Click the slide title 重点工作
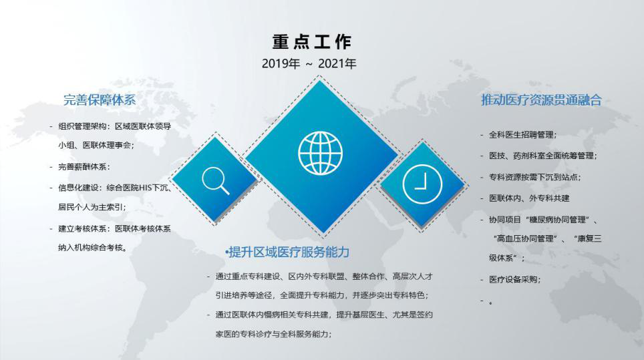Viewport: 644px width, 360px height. point(312,42)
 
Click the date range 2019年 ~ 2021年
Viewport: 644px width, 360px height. point(309,63)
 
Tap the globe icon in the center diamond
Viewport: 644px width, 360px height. point(321,153)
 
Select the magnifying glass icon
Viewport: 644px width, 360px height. point(215,180)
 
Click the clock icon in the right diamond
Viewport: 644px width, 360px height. point(422,184)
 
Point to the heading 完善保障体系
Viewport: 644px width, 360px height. point(100,100)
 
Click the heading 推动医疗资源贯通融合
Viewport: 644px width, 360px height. point(541,100)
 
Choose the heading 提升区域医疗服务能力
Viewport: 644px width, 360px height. point(287,252)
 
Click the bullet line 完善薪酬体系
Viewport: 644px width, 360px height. point(84,167)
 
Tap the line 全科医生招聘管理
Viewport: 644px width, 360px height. point(523,135)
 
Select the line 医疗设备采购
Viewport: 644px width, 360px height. point(514,280)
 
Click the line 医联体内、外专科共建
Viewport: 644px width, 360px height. point(529,198)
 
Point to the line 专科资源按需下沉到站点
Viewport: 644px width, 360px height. point(534,178)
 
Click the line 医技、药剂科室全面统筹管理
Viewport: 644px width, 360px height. point(543,156)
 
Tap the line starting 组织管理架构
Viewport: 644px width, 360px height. point(115,126)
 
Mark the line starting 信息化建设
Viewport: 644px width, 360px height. point(115,188)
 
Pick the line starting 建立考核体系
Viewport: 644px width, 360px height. point(115,228)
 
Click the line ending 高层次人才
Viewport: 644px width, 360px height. point(324,277)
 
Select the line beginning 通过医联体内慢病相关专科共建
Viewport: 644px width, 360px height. point(324,315)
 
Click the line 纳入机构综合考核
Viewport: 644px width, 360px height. point(93,248)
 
